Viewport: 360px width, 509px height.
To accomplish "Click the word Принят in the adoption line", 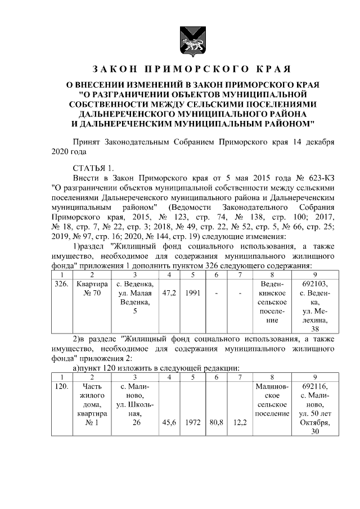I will tap(88, 142).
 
